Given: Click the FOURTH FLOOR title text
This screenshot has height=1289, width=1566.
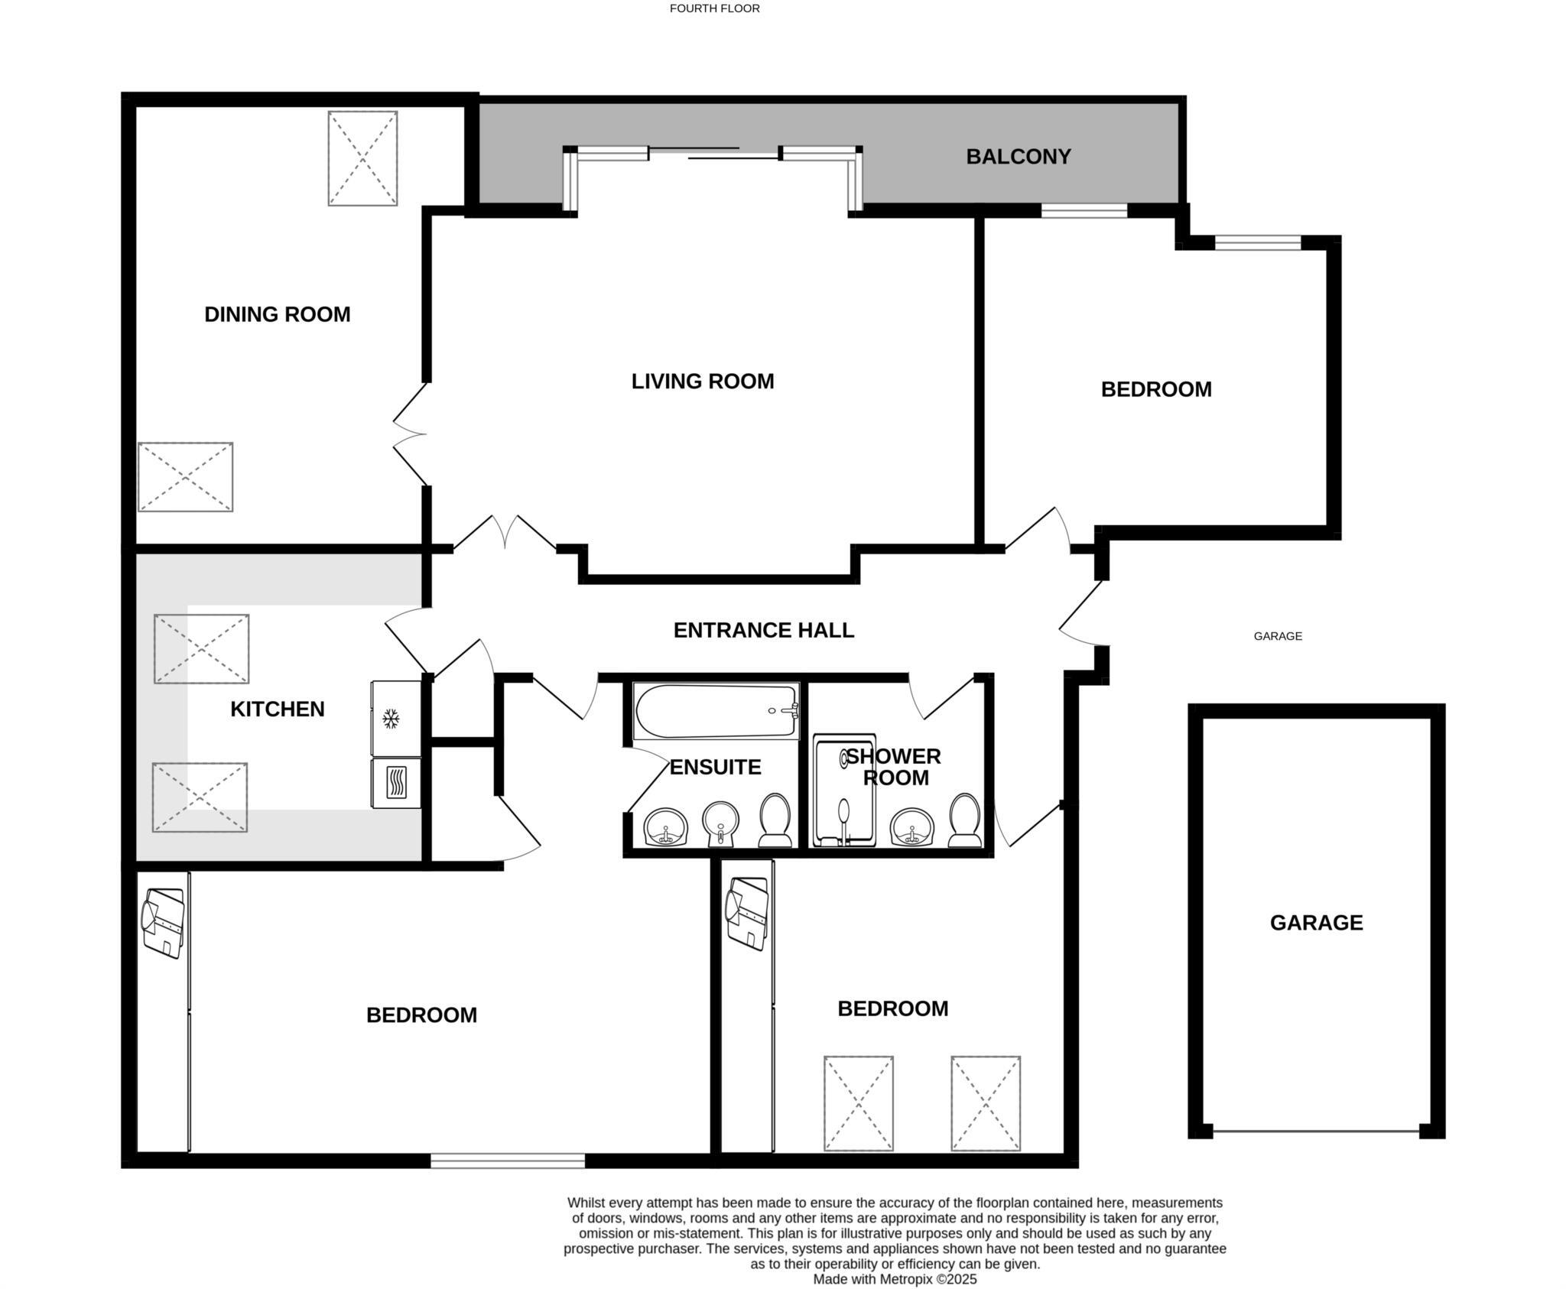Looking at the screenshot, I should click(x=714, y=8).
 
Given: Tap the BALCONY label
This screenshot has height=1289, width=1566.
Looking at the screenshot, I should click(x=1018, y=157).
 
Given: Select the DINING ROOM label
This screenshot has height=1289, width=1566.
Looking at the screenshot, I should click(x=277, y=314).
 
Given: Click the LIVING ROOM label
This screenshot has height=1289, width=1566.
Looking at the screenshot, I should click(x=702, y=382).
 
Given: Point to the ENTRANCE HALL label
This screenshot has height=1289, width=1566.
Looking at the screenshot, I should click(x=763, y=630).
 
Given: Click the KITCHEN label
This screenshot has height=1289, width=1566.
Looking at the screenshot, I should click(x=277, y=709).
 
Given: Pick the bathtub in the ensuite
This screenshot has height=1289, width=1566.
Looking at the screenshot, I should click(x=716, y=711).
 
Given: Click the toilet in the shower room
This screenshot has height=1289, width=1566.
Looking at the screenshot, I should click(x=964, y=820).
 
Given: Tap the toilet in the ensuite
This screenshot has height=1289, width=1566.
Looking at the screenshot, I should click(x=774, y=820).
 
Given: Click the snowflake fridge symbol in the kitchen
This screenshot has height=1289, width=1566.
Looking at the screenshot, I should click(x=391, y=719).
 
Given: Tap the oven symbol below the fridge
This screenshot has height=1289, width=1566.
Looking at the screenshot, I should click(x=395, y=782).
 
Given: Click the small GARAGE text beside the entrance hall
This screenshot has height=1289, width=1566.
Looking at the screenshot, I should click(x=1278, y=636).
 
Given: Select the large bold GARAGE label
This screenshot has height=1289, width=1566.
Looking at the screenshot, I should click(x=1316, y=923).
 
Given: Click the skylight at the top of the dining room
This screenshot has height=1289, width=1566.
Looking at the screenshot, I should click(x=362, y=158).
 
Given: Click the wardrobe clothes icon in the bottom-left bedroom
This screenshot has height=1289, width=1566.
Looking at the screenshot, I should click(x=163, y=922).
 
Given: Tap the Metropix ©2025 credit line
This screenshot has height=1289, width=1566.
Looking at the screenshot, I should click(x=895, y=1279).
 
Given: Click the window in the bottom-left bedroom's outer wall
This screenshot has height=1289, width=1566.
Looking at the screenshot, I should click(x=508, y=1161).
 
